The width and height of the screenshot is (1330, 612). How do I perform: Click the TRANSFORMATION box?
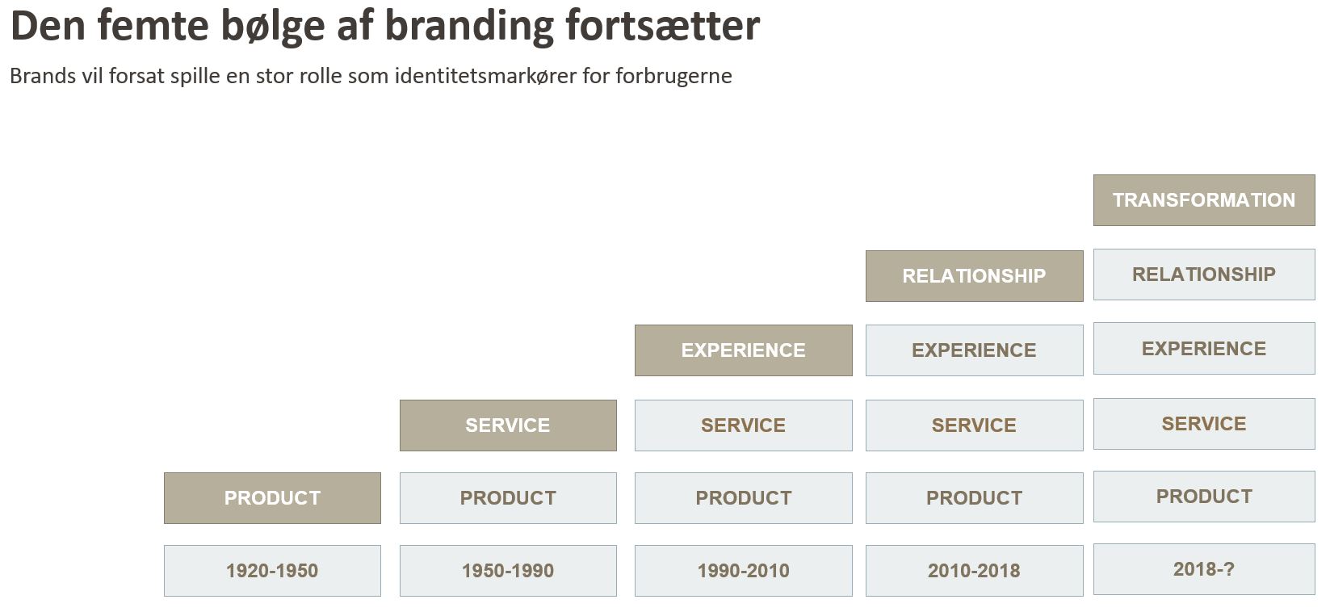[x=1204, y=200]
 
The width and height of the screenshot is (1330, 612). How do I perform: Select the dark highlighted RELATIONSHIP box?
[x=975, y=276]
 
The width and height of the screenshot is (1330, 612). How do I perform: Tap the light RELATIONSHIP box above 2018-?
[x=1204, y=275]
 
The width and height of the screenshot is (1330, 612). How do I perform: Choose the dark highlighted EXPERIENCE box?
[x=744, y=350]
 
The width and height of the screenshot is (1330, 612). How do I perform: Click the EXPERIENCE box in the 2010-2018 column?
[x=975, y=350]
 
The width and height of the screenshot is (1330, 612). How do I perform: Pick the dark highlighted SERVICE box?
[x=508, y=425]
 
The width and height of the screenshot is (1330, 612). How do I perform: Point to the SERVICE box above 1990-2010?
[x=744, y=425]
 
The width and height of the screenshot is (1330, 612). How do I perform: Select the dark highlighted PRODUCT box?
[x=272, y=498]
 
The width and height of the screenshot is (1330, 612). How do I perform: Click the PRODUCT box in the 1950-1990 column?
[x=508, y=498]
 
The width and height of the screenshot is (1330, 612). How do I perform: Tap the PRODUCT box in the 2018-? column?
[x=1204, y=497]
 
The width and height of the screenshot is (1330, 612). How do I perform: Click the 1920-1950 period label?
[x=272, y=571]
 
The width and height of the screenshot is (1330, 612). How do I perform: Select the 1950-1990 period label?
[x=508, y=571]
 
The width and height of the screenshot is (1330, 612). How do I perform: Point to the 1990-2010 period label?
[x=744, y=571]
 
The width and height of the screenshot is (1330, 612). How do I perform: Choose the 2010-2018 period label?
[x=975, y=571]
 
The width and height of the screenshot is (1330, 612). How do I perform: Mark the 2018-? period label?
[x=1204, y=569]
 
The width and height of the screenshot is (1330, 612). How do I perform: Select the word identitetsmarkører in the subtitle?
[x=485, y=76]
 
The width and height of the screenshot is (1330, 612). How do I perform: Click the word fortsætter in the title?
[x=663, y=27]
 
